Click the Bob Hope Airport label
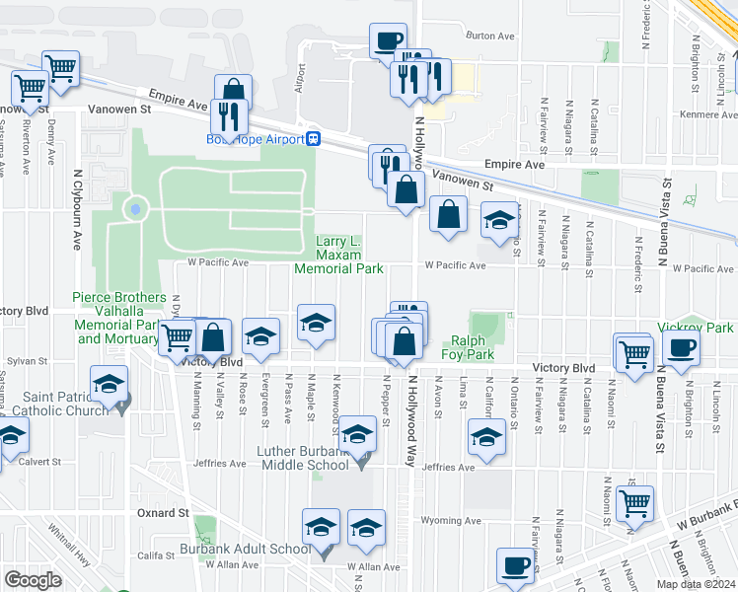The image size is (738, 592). [255, 139]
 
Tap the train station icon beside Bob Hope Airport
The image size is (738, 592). [313, 139]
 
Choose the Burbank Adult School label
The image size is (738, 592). [245, 550]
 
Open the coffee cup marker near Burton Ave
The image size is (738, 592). [387, 40]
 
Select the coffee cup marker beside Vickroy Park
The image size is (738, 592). [681, 348]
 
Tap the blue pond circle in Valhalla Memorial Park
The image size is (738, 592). [134, 208]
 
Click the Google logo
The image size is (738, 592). [34, 580]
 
